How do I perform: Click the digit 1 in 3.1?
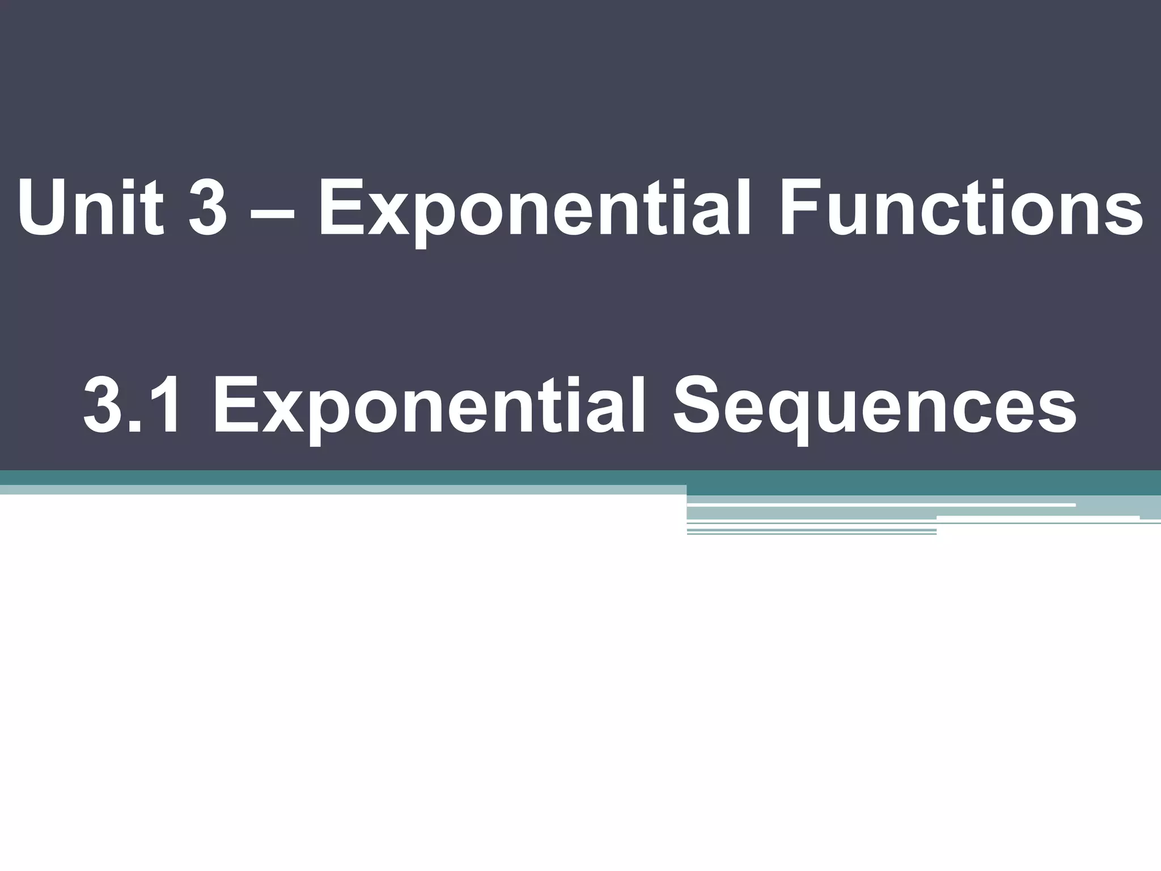coord(165,406)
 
